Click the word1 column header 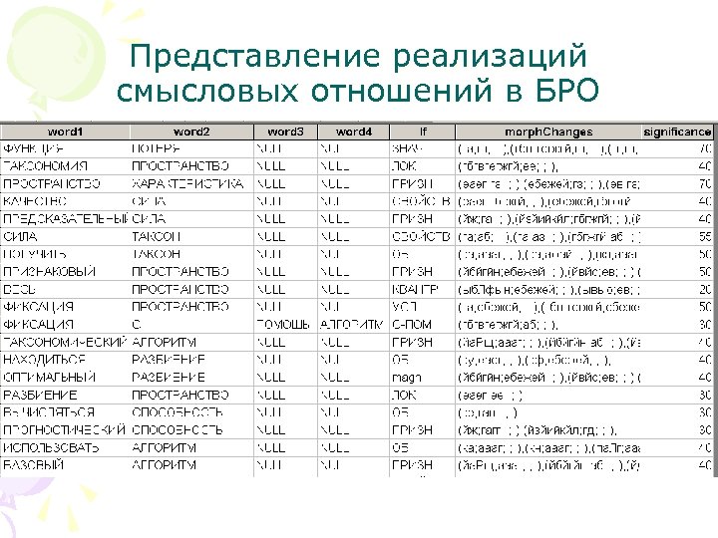[x=66, y=132]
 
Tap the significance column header [x=678, y=132]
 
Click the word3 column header [x=285, y=132]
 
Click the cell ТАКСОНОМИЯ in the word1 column [x=41, y=166]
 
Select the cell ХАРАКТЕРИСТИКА [x=187, y=183]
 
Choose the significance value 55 [x=704, y=236]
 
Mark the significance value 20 [x=704, y=289]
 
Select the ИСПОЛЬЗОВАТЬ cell [x=51, y=447]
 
